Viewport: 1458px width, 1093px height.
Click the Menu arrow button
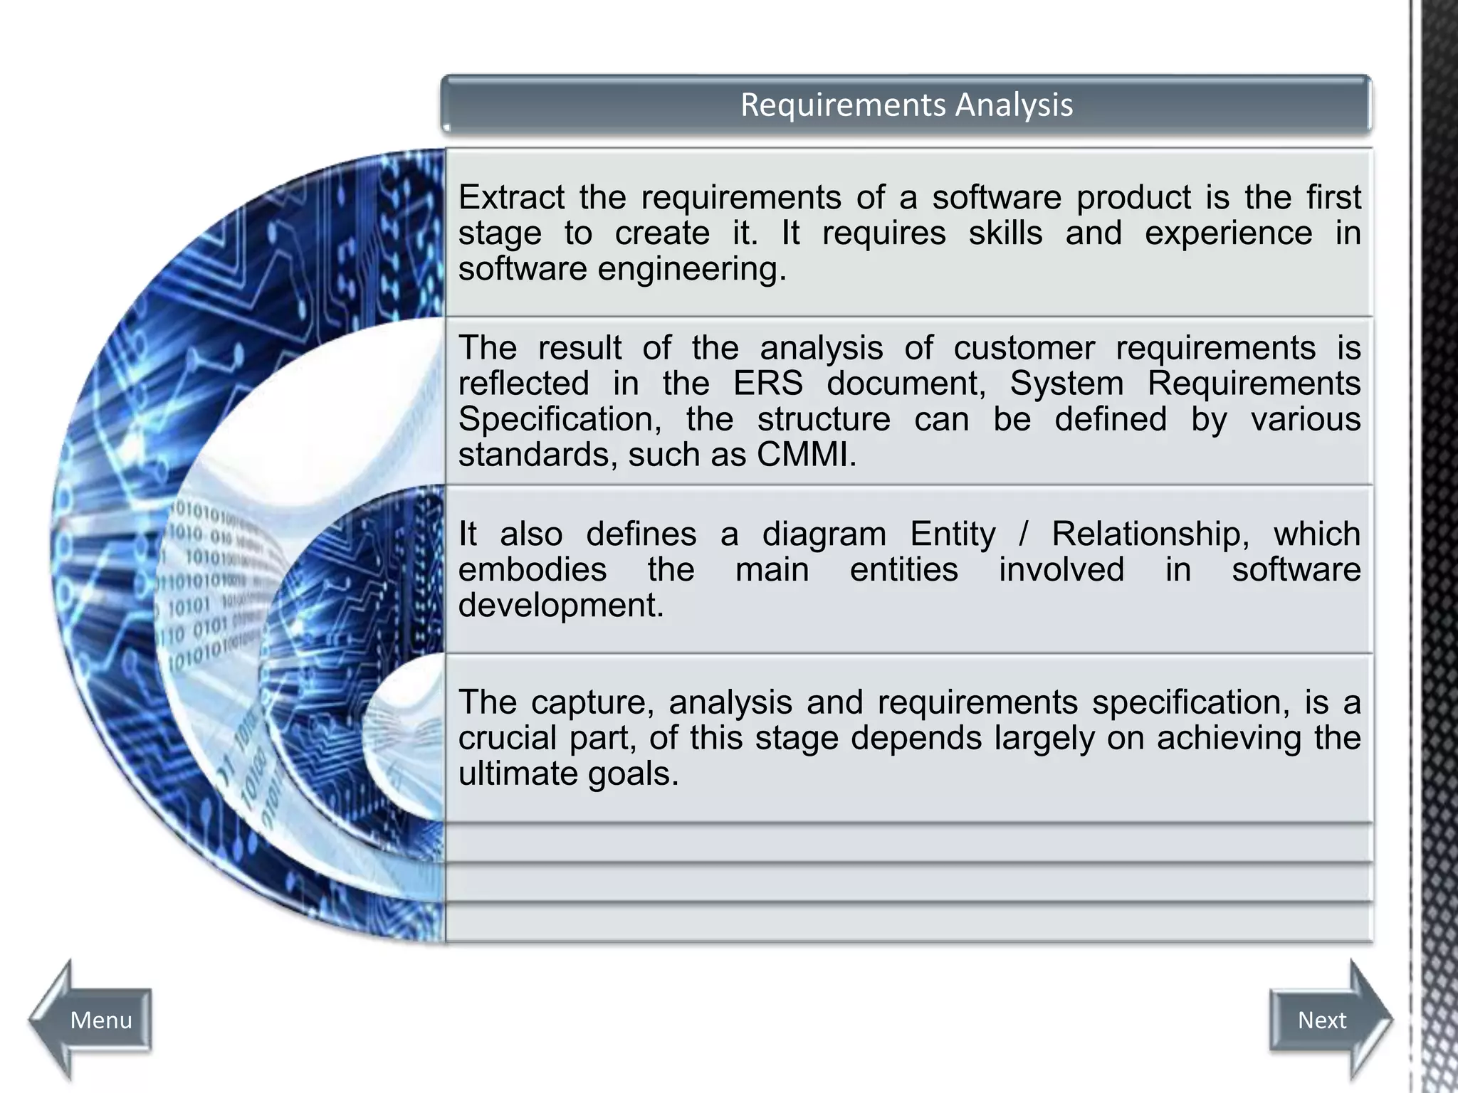tap(93, 1020)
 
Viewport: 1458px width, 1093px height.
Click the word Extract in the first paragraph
tap(510, 197)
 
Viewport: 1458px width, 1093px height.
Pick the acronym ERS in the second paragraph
tap(768, 384)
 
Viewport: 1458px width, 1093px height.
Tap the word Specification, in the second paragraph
tap(560, 419)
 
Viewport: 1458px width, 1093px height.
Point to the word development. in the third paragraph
tap(561, 606)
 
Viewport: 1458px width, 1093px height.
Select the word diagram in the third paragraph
tap(824, 534)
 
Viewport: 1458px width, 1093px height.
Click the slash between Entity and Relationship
tap(1024, 534)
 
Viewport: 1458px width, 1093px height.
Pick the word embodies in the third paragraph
tap(533, 570)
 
